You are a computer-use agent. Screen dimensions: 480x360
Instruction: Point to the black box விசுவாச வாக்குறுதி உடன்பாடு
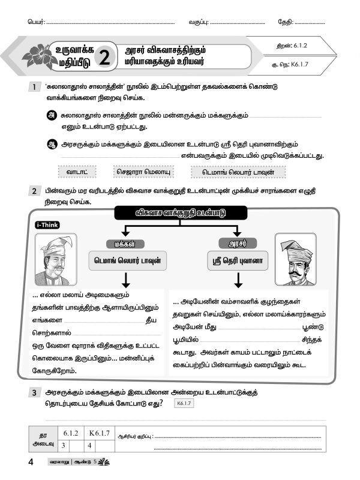[x=179, y=213]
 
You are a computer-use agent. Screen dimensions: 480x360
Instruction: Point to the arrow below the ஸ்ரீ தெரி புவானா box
[x=238, y=280]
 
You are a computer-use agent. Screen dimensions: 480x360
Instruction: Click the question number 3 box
[x=35, y=392]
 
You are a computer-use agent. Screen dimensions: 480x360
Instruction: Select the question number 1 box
[x=35, y=88]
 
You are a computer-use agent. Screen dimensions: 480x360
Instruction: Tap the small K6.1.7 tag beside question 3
[x=183, y=403]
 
